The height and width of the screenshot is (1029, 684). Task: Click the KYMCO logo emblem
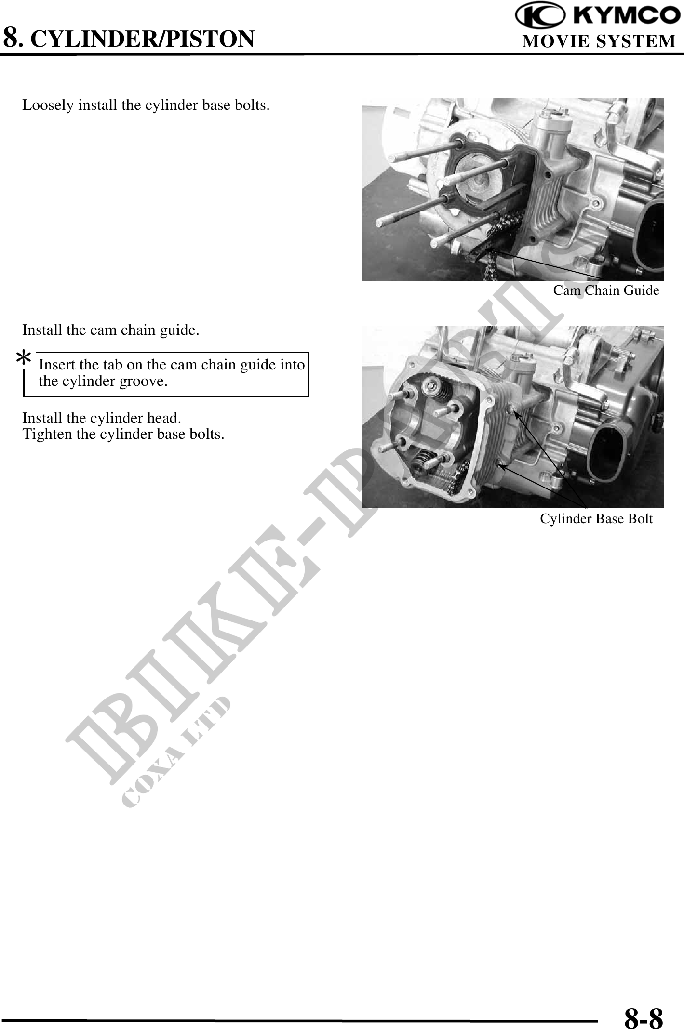[x=541, y=15]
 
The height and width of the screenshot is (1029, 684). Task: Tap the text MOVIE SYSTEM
[x=599, y=41]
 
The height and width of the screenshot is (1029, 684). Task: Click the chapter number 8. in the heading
[x=13, y=38]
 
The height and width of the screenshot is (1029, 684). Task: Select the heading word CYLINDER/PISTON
[x=142, y=39]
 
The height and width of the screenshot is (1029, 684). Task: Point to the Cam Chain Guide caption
[x=606, y=290]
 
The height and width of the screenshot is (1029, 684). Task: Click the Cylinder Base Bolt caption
[x=596, y=519]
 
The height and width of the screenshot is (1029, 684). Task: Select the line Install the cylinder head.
[x=102, y=418]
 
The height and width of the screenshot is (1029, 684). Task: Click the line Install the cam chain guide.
[x=110, y=330]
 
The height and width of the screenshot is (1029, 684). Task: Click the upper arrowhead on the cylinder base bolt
[x=515, y=413]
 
